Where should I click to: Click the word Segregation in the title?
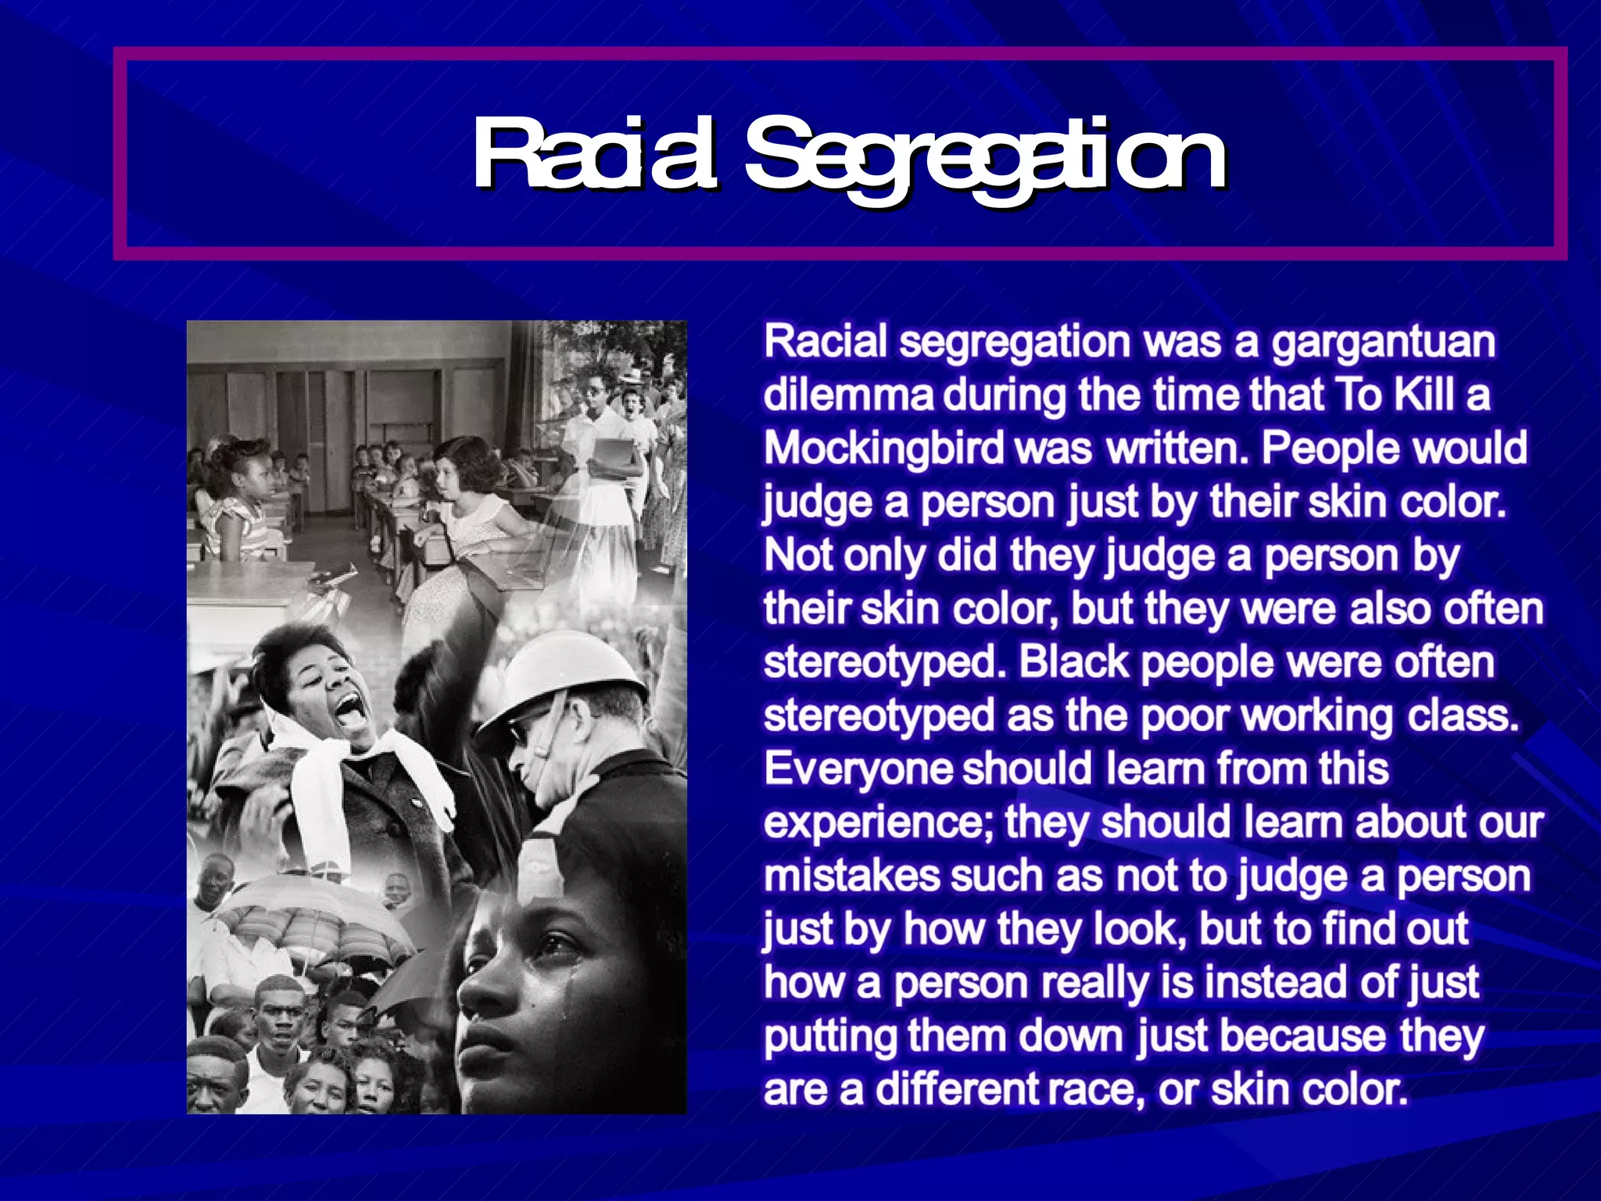pyautogui.click(x=985, y=156)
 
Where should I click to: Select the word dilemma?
pyautogui.click(x=848, y=396)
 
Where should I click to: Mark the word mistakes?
pyautogui.click(x=851, y=877)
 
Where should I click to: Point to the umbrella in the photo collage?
pyautogui.click(x=313, y=911)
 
